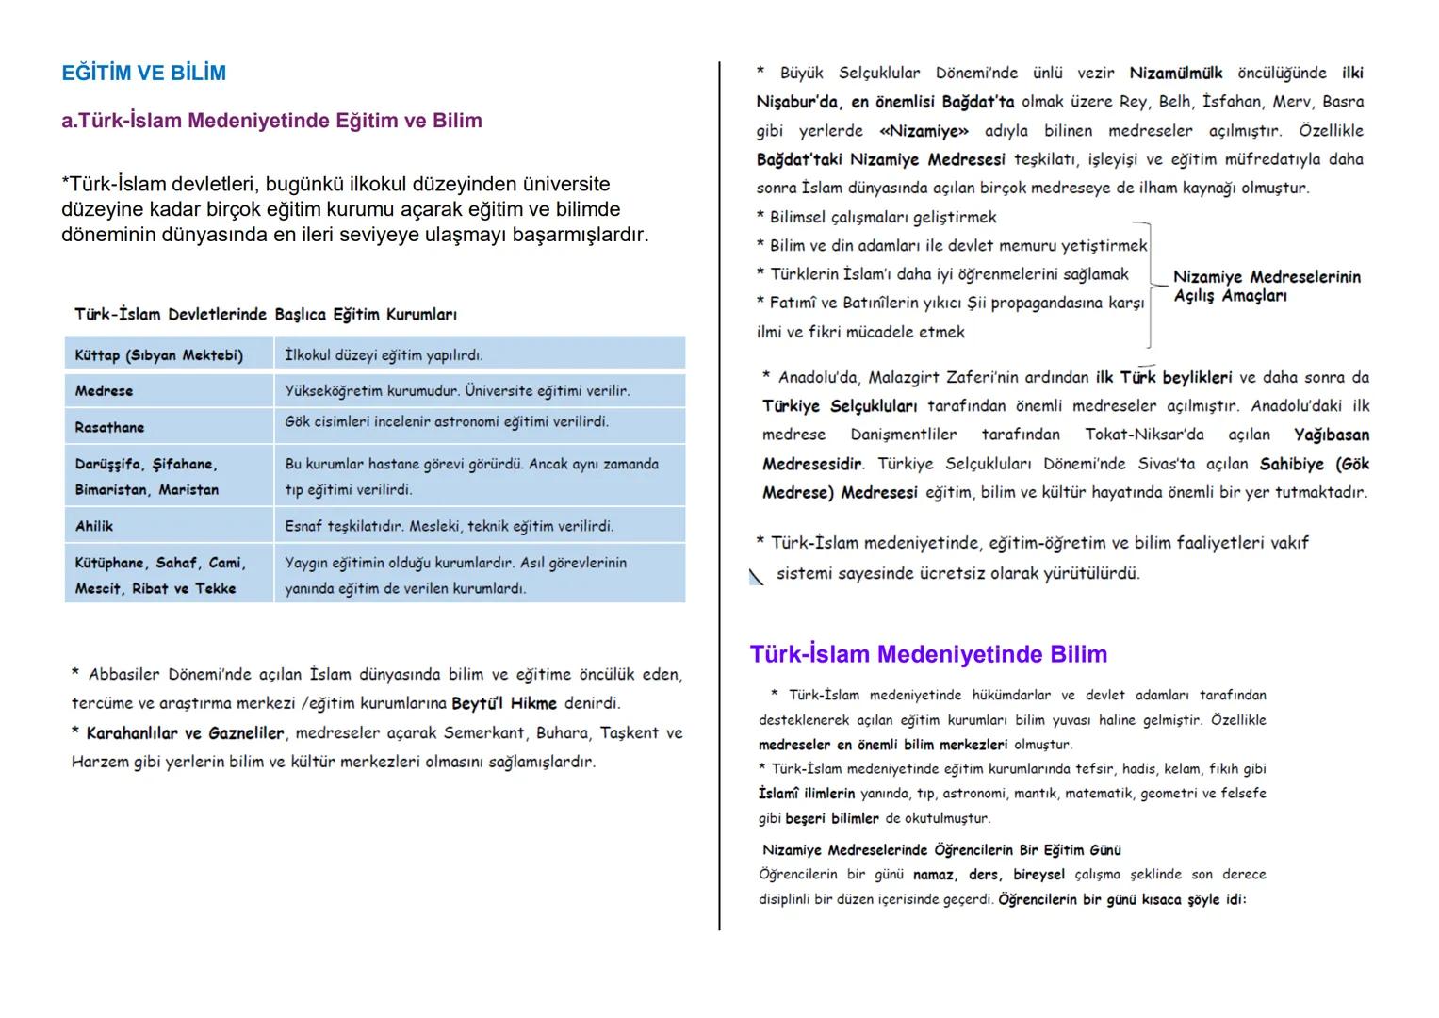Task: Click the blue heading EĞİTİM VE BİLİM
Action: click(x=143, y=74)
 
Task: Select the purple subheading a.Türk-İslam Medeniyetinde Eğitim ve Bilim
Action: click(x=271, y=121)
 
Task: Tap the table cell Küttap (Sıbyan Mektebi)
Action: click(x=158, y=355)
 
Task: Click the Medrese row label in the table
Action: click(x=104, y=391)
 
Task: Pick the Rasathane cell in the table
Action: click(x=109, y=428)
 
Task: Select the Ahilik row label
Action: click(x=94, y=527)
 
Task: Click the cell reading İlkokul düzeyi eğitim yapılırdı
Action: click(x=384, y=355)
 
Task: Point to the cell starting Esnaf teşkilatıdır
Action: click(x=449, y=527)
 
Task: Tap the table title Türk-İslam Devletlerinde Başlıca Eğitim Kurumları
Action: click(x=266, y=315)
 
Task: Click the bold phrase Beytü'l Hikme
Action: click(x=503, y=704)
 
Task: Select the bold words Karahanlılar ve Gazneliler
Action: click(x=185, y=733)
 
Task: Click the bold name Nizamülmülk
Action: click(x=1175, y=74)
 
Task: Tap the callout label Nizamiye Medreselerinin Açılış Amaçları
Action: click(x=1266, y=287)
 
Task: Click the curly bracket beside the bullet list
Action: click(x=1149, y=283)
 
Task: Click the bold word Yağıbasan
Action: click(x=1331, y=435)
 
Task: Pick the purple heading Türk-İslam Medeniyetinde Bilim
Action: click(x=928, y=655)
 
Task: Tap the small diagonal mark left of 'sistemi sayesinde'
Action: click(x=756, y=577)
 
